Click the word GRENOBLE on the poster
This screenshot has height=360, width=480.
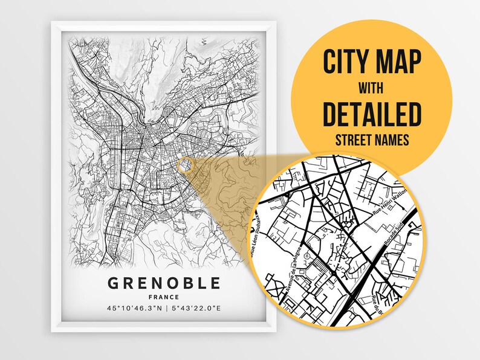[164, 283]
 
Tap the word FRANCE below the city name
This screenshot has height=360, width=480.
[164, 297]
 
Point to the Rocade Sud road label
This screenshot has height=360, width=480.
[397, 230]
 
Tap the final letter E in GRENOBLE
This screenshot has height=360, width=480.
[215, 283]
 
